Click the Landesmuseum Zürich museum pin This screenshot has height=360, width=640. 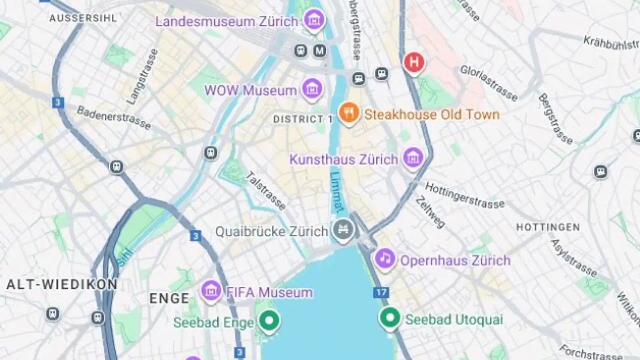[314, 20]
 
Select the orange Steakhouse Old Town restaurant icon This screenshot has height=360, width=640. [349, 113]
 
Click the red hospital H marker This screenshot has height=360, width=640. [414, 63]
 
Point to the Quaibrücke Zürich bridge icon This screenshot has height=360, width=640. [344, 230]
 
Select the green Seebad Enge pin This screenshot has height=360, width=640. [269, 320]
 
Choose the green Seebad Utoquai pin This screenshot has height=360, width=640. [390, 317]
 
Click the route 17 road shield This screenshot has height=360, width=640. [381, 292]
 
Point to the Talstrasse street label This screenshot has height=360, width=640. [266, 191]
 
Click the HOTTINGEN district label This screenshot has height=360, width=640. [548, 228]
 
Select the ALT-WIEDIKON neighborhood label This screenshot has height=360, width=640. [62, 284]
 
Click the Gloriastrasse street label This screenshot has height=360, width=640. [489, 83]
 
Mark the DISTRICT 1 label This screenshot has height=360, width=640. [303, 119]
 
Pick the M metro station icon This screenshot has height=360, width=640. [320, 51]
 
